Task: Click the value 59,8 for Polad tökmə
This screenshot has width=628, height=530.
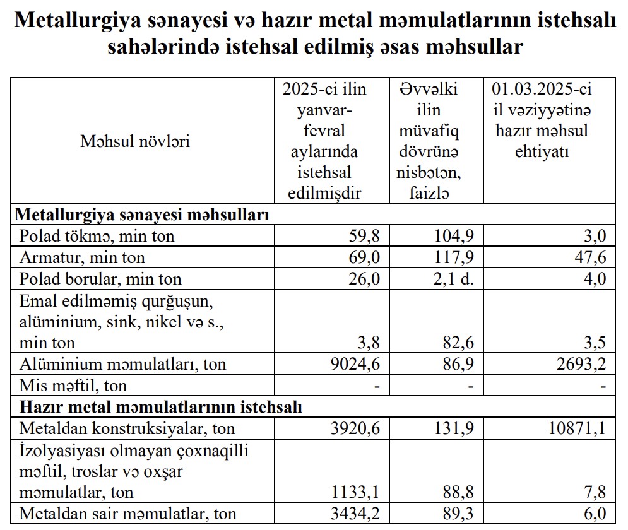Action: coord(365,237)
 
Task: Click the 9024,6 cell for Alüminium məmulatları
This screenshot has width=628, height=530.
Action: coord(355,364)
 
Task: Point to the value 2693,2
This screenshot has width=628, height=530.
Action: coord(579,364)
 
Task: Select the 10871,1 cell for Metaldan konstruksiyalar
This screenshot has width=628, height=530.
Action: coord(574,429)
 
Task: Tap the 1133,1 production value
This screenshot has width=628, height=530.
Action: coord(355,492)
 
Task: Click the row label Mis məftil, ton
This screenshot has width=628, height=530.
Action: coord(73,385)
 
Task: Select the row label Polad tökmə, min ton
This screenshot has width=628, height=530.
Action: coord(97,237)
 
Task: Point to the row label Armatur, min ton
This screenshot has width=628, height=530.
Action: coord(82,257)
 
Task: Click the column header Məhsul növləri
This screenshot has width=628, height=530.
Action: coord(135,141)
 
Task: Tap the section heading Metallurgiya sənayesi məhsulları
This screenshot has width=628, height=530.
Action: coord(142,215)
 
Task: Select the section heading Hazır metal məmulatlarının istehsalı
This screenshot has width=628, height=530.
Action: coord(161,407)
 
